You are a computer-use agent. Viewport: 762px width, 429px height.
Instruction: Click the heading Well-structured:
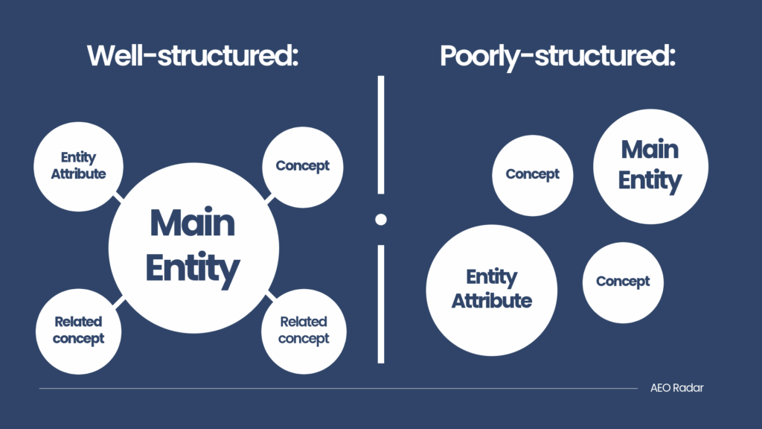click(x=193, y=55)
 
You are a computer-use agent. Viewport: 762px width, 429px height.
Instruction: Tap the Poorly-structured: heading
click(x=557, y=57)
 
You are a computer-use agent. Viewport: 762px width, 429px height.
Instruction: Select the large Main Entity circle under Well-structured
click(x=193, y=248)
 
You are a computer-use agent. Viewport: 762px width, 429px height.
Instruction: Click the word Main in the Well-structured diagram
click(x=193, y=223)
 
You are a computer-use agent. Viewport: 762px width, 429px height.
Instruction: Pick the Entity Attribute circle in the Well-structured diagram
click(x=78, y=166)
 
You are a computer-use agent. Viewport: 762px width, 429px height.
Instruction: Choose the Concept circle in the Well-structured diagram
click(x=302, y=167)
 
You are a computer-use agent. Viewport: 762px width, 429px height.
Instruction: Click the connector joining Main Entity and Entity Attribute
click(x=118, y=196)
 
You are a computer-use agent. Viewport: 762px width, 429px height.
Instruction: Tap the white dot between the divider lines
click(x=381, y=220)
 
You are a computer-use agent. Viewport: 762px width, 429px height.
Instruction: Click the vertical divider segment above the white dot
click(x=381, y=135)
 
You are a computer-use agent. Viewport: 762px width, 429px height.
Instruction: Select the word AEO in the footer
click(x=661, y=387)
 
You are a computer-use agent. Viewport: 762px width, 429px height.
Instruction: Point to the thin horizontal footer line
click(x=339, y=388)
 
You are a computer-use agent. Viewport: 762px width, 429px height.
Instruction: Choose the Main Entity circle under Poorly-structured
click(x=650, y=166)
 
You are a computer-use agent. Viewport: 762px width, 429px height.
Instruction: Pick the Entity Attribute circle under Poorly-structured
click(x=491, y=290)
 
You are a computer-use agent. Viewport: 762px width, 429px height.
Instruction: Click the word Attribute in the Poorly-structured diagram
click(x=491, y=301)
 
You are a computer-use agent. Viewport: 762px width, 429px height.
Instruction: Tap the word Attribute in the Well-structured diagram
click(x=78, y=174)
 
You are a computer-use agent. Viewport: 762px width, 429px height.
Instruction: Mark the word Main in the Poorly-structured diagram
click(x=650, y=149)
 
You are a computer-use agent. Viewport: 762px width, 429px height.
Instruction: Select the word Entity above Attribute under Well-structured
click(x=78, y=158)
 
